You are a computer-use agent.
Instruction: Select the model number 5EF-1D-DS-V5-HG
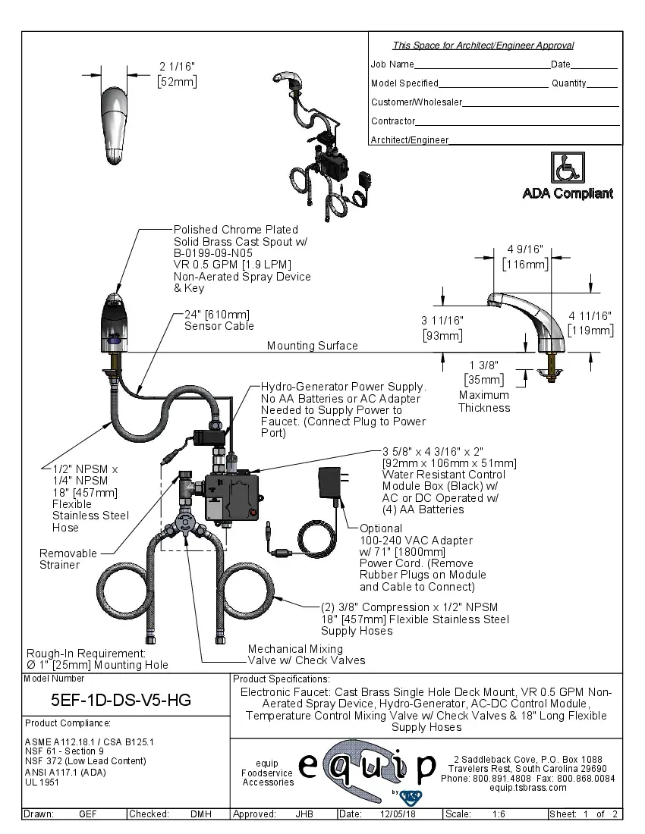pyautogui.click(x=121, y=700)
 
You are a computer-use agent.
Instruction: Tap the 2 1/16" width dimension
pyautogui.click(x=176, y=74)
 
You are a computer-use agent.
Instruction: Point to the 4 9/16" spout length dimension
pyautogui.click(x=525, y=256)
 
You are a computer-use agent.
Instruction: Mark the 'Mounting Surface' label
pyautogui.click(x=312, y=346)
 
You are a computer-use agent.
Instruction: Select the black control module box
pyautogui.click(x=236, y=497)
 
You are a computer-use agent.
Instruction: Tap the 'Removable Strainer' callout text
pyautogui.click(x=68, y=559)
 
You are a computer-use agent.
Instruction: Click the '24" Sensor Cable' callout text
pyautogui.click(x=219, y=320)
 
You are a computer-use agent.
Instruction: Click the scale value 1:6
pyautogui.click(x=499, y=814)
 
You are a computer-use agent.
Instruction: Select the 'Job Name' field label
pyautogui.click(x=392, y=64)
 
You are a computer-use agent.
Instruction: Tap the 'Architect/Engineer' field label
pyautogui.click(x=410, y=140)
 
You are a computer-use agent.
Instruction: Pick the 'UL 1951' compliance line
pyautogui.click(x=42, y=782)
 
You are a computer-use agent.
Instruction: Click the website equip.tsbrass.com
pyautogui.click(x=528, y=788)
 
